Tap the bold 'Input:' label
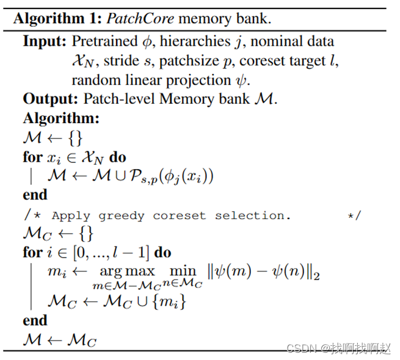pos(45,42)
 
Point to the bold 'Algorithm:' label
pos(61,118)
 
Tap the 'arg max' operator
pos(128,271)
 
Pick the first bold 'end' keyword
pos(35,195)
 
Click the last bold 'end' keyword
pos(35,320)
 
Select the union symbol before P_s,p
pos(117,176)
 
